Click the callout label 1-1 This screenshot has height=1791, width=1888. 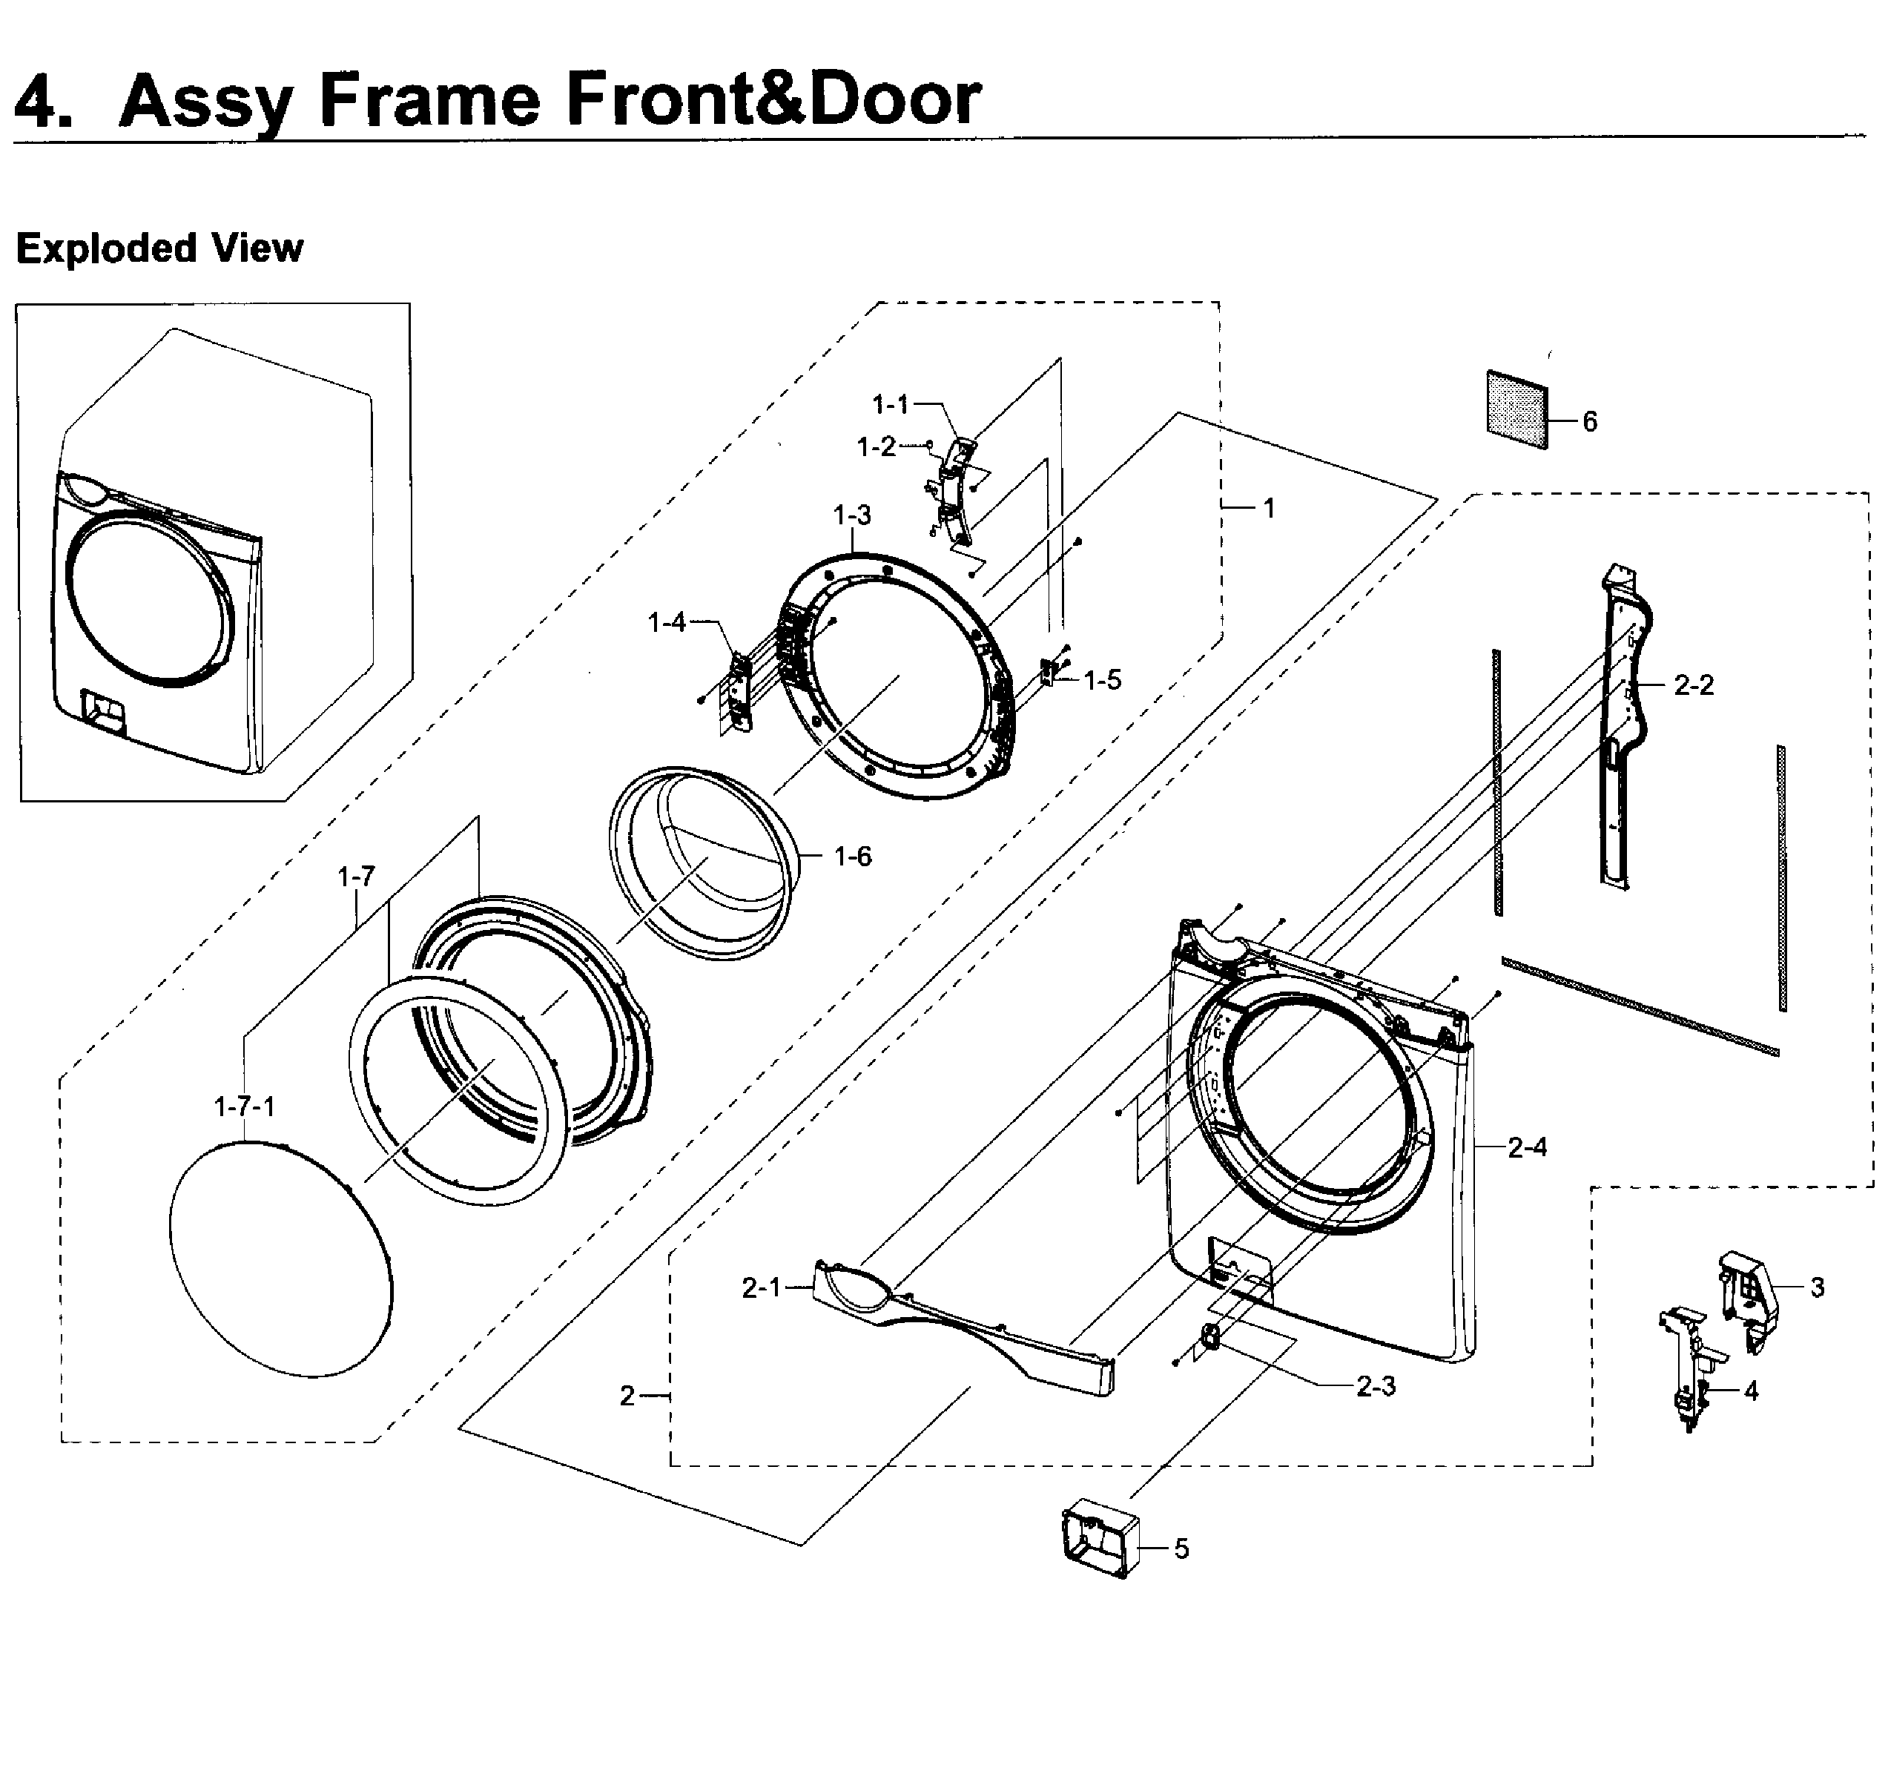click(891, 405)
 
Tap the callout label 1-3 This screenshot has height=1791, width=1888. click(851, 515)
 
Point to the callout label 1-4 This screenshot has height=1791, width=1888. click(666, 622)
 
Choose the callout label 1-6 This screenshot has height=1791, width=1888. click(852, 857)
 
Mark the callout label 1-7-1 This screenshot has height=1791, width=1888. click(245, 1106)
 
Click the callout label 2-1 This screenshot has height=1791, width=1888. click(762, 1288)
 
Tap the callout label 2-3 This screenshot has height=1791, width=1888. click(1376, 1386)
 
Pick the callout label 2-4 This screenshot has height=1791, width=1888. click(1527, 1147)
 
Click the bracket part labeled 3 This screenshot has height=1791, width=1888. click(1749, 1299)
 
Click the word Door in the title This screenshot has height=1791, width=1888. click(894, 99)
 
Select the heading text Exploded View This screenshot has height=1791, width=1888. click(159, 248)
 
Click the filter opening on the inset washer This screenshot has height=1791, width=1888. click(103, 711)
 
